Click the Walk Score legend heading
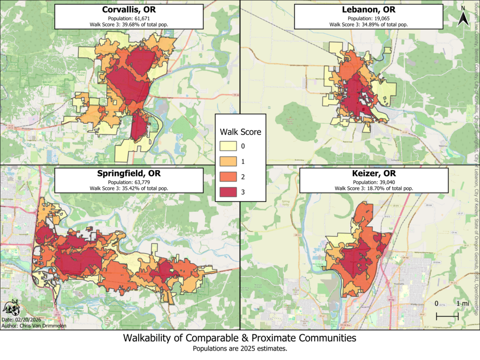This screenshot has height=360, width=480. tap(240, 132)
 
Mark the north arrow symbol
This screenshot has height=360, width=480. tap(462, 18)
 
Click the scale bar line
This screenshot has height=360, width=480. tap(447, 317)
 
